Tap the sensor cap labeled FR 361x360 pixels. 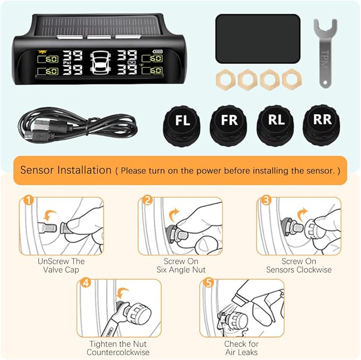coord(229,121)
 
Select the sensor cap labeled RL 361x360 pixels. coord(275,121)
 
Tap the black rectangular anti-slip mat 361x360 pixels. coord(258,38)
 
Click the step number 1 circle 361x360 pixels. coord(29,201)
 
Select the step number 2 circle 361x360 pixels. coord(147,201)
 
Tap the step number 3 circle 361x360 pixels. coord(266,201)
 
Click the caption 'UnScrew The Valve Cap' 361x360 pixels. coord(61,265)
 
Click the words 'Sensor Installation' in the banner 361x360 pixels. coord(65,170)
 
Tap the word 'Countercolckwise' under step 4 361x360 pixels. coord(118,352)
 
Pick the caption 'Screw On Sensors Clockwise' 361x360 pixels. coord(299,265)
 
